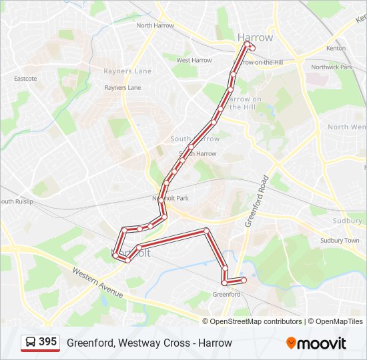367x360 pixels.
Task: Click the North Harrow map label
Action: (x=155, y=25)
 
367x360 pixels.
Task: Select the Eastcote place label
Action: (x=25, y=78)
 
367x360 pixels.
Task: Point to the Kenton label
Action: (x=336, y=49)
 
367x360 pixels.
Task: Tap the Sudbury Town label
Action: (x=340, y=240)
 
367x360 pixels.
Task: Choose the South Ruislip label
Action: (x=16, y=201)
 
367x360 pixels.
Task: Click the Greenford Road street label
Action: (x=256, y=201)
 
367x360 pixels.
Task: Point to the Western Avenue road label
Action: (x=98, y=283)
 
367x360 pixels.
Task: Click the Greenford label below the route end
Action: (x=226, y=294)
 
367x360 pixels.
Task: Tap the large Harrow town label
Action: (x=255, y=37)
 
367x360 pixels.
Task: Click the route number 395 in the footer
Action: (x=48, y=342)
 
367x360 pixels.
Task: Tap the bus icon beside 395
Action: (x=31, y=343)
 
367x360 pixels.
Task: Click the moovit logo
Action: (x=316, y=343)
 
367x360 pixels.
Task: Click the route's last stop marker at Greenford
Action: (x=244, y=280)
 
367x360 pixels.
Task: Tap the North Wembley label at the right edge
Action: (x=347, y=127)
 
